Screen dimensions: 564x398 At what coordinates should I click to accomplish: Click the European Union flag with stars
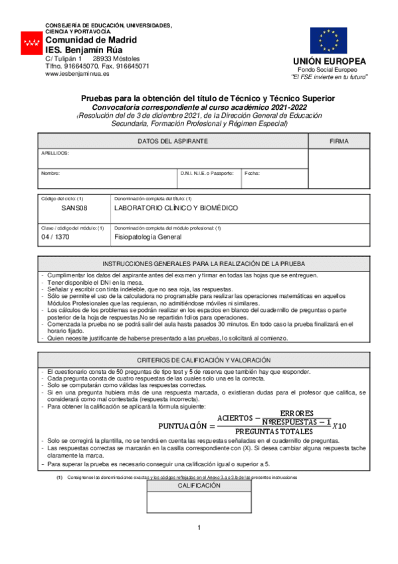[x=328, y=41]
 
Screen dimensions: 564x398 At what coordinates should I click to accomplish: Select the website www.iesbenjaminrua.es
[x=77, y=74]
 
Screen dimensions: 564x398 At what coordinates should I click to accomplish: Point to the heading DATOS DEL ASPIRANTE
[x=173, y=142]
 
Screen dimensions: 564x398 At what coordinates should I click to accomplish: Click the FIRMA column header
[x=339, y=142]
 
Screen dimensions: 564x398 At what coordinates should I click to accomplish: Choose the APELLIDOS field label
[x=55, y=153]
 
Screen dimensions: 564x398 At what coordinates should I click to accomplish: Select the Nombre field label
[x=50, y=173]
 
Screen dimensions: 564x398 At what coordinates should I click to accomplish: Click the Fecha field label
[x=252, y=173]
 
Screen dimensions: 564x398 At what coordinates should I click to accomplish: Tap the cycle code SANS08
[x=74, y=208]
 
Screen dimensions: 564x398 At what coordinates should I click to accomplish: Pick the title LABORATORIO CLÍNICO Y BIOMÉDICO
[x=176, y=208]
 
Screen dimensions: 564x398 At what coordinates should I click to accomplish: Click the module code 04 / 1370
[x=55, y=236]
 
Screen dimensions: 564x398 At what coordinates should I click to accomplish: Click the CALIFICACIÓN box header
[x=198, y=486]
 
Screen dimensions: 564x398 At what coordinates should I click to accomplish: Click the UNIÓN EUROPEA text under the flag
[x=328, y=62]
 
